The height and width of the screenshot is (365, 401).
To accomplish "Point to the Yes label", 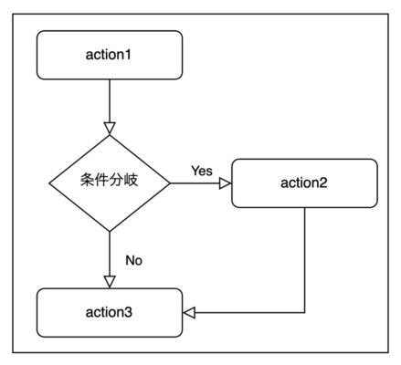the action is pos(202,171).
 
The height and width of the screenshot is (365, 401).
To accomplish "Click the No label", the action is pos(133,260).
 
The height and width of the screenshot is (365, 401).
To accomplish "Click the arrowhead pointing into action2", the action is pos(226,183).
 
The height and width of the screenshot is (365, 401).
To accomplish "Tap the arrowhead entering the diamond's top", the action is pos(110,129).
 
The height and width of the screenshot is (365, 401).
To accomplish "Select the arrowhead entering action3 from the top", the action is pos(110,282).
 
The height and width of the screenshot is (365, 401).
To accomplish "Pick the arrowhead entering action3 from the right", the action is pos(189,313).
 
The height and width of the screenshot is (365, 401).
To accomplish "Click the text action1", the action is pos(108,55).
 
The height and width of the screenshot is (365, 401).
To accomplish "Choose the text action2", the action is pos(304,182).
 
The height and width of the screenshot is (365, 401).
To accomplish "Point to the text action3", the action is pos(109,312).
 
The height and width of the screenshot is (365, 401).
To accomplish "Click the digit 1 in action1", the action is pos(128,55).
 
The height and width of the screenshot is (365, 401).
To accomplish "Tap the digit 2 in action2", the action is pos(323,182).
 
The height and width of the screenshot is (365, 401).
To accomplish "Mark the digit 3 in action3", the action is pos(128,312).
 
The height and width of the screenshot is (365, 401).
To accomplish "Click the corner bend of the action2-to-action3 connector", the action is pos(304,313).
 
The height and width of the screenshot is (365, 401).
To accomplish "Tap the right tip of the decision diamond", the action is pos(170,183).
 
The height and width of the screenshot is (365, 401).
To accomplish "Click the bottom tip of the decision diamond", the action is pos(110,232).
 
